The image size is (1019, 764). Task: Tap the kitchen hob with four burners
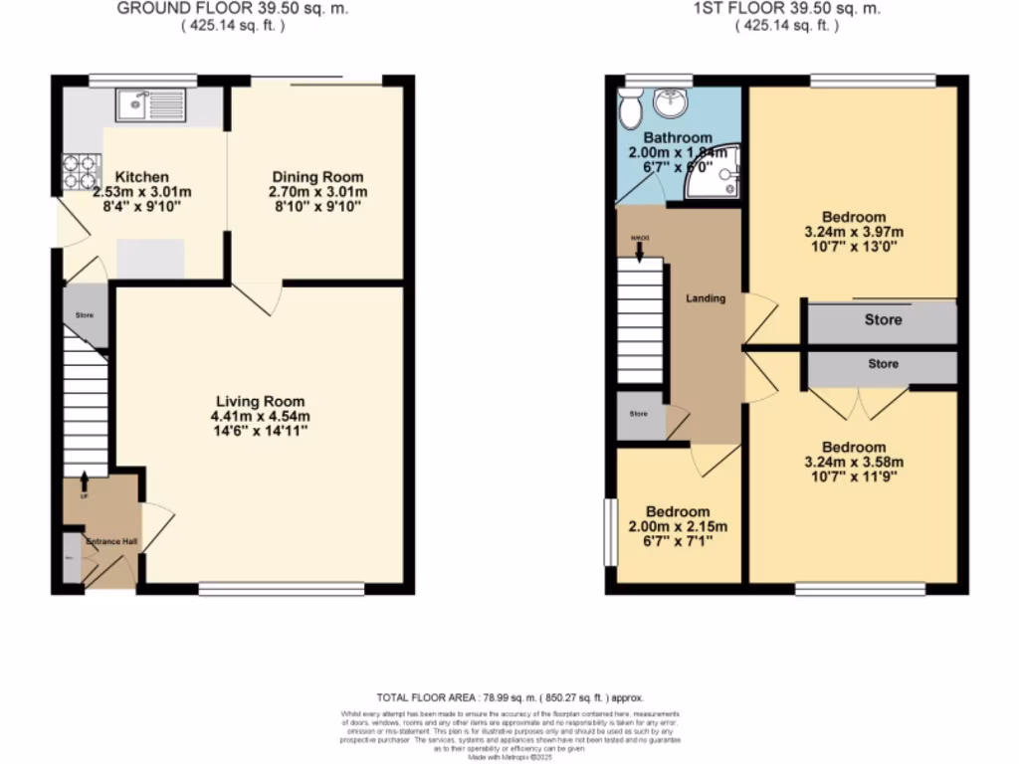76,171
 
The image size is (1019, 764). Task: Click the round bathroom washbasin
667,101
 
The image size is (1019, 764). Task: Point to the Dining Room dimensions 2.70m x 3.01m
317,192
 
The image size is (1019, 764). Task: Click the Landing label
706,298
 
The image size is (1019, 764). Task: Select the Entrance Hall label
111,542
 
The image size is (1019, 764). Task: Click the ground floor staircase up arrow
84,480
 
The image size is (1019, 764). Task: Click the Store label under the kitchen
84,315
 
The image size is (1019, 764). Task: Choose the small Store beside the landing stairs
637,414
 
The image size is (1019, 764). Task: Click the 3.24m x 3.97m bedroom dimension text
853,233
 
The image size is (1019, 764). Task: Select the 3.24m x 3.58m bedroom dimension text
853,463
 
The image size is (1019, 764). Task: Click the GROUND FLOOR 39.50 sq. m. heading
233,9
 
